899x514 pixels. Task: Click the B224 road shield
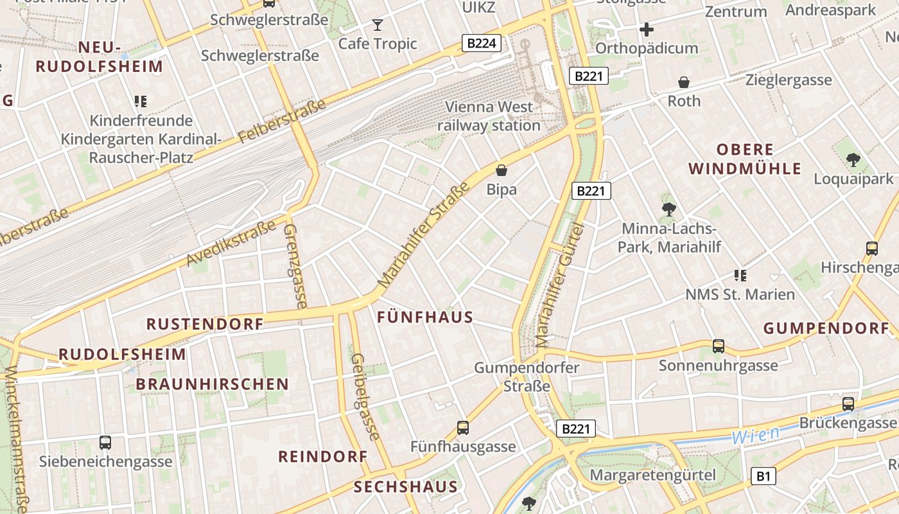pyautogui.click(x=481, y=43)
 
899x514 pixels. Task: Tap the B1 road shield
pyautogui.click(x=763, y=476)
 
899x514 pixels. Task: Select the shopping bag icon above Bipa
pyautogui.click(x=502, y=170)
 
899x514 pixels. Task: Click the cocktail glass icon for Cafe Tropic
pyautogui.click(x=378, y=25)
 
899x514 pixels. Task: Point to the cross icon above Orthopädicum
pyautogui.click(x=647, y=30)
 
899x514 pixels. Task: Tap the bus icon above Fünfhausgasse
pyautogui.click(x=463, y=427)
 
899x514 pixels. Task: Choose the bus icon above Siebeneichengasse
pyautogui.click(x=105, y=442)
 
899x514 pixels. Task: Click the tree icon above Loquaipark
pyautogui.click(x=853, y=159)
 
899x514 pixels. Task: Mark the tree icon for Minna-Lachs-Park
pyautogui.click(x=668, y=209)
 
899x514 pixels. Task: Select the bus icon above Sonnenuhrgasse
pyautogui.click(x=719, y=346)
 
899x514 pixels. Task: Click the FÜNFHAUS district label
pyautogui.click(x=425, y=317)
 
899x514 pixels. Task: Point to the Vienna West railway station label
pyautogui.click(x=489, y=116)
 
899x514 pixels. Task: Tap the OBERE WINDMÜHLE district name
pyautogui.click(x=745, y=159)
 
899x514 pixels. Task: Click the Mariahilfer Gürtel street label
pyautogui.click(x=561, y=286)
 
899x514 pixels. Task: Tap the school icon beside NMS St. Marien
pyautogui.click(x=740, y=276)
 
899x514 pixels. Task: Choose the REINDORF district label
pyautogui.click(x=322, y=457)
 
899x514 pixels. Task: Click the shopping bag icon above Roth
pyautogui.click(x=684, y=82)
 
